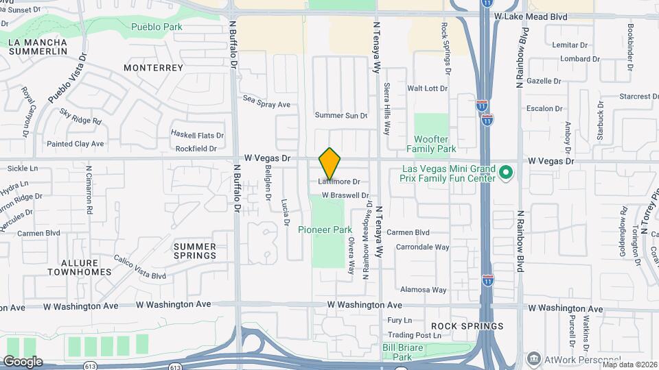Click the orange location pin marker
330,163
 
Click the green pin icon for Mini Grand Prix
506,173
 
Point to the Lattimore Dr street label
339,182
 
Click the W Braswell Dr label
346,195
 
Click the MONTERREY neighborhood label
154,68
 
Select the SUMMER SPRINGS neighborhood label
195,251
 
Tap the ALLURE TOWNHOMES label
80,267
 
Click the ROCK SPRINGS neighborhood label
467,326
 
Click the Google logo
22,361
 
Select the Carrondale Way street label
423,247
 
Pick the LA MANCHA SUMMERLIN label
37,47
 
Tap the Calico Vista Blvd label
140,267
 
